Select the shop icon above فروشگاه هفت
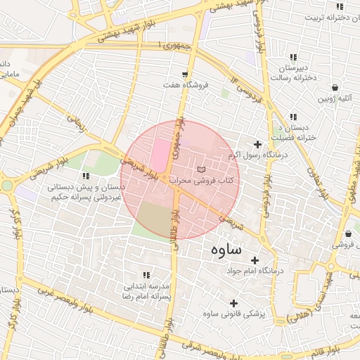click(x=184, y=74)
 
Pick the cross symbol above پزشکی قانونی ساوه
click(x=233, y=304)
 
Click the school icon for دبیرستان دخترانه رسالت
click(x=292, y=57)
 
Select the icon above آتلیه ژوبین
click(x=335, y=88)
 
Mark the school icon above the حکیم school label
click(x=86, y=176)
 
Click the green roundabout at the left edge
click(x=7, y=186)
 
